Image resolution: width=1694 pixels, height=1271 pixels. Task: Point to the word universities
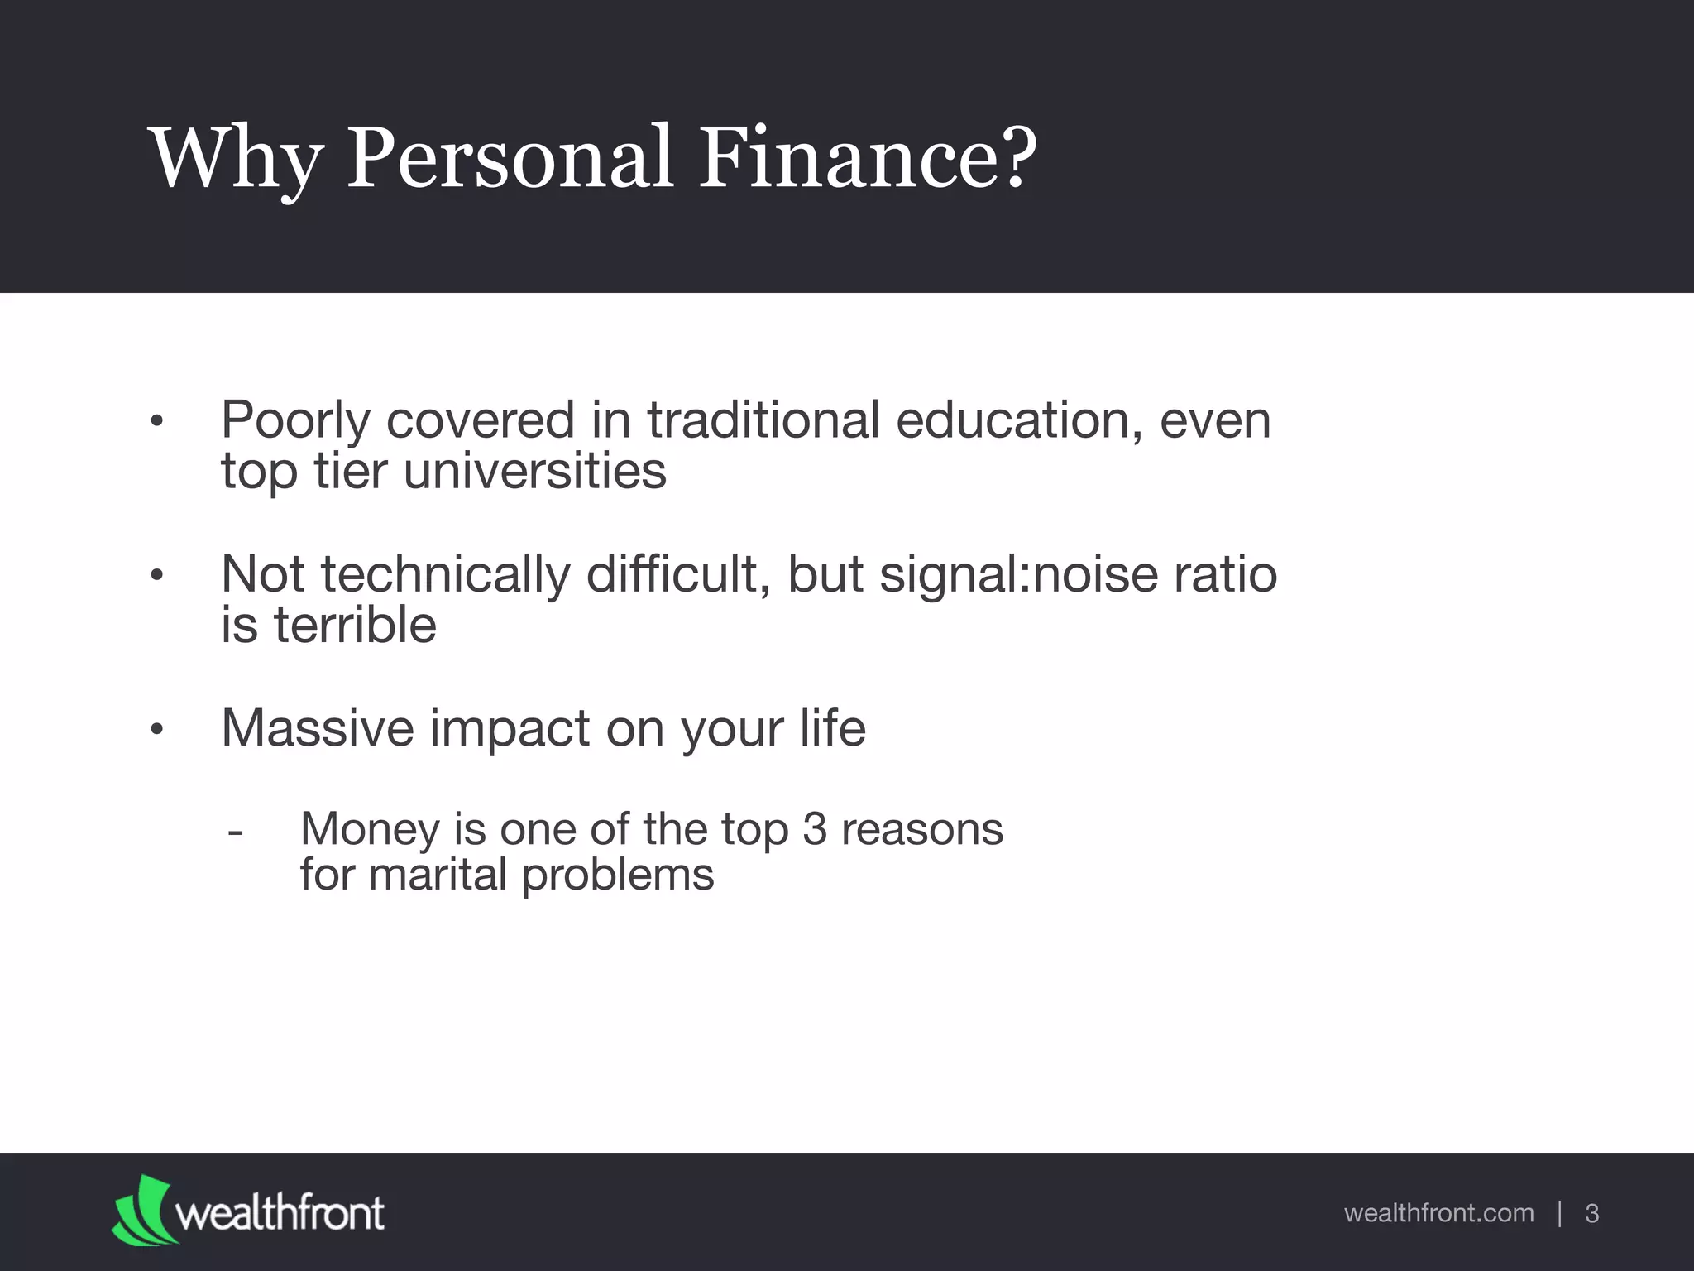(534, 472)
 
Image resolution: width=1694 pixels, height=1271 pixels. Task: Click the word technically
(445, 574)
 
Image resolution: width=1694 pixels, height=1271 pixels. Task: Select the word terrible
(355, 625)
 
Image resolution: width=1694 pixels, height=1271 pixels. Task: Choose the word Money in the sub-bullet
(370, 829)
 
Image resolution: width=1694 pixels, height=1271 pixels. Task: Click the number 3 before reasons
(815, 829)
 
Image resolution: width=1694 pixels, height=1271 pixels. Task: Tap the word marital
(438, 875)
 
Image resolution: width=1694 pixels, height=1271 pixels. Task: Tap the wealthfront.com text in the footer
(1438, 1213)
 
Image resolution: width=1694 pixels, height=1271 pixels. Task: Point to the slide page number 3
(1591, 1214)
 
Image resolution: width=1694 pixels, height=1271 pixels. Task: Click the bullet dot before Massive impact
(158, 730)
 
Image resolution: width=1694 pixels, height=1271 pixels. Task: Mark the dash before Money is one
(235, 830)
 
